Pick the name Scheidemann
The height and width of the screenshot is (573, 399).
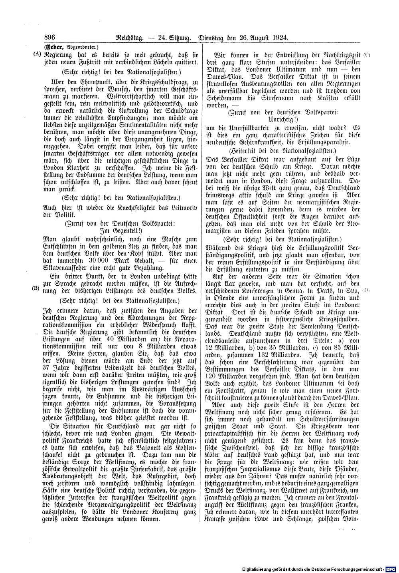(226, 97)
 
